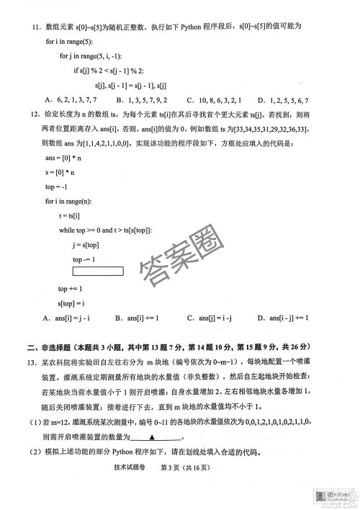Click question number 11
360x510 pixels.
(34, 26)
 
